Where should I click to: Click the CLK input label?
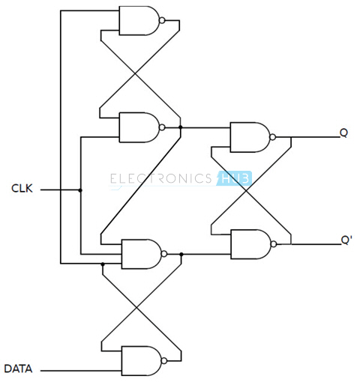tap(22, 188)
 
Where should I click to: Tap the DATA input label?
tap(18, 369)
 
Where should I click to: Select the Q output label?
tap(343, 133)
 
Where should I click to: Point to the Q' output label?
tap(346, 240)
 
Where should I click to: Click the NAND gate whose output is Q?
tap(250, 137)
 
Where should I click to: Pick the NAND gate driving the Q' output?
tap(250, 244)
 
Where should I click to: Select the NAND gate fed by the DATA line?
tap(142, 361)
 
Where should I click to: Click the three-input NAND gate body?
tap(142, 254)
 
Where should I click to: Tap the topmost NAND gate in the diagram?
tap(139, 20)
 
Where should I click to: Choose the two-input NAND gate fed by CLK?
tap(139, 127)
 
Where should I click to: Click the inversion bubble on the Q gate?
tap(273, 137)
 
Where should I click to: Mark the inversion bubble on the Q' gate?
tap(274, 244)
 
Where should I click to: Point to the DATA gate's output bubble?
tap(164, 361)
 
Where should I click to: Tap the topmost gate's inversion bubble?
tap(162, 20)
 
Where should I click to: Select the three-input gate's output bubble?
tap(164, 254)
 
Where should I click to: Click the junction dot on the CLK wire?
tap(80, 190)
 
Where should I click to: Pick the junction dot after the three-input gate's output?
tap(181, 254)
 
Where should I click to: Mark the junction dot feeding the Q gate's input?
tap(181, 127)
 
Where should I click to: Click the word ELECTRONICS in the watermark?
tap(161, 178)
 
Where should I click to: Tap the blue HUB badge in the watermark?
tap(235, 178)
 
